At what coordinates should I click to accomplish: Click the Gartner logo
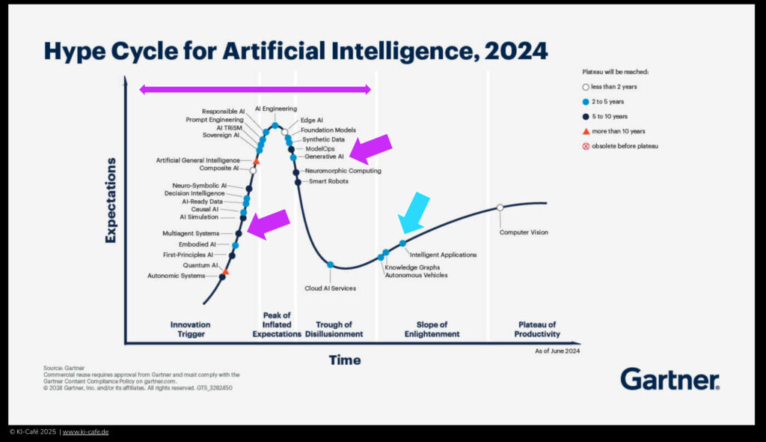(670, 379)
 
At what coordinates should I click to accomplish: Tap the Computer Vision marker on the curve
(500, 208)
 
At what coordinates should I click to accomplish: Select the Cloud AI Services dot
(330, 264)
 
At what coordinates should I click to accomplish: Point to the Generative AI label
(324, 157)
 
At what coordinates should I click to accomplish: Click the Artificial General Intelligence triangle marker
(256, 161)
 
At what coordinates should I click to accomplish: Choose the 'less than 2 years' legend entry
(610, 87)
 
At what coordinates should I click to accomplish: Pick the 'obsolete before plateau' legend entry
(620, 146)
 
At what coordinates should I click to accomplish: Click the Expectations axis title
(111, 200)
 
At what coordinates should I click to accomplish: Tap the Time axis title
(345, 360)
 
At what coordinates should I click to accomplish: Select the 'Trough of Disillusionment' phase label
(334, 330)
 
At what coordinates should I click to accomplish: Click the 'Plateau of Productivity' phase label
(537, 330)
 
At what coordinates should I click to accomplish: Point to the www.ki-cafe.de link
(85, 432)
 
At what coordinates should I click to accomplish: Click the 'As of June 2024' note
(557, 351)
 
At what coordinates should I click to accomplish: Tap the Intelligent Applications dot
(402, 243)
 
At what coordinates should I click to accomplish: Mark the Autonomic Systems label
(177, 276)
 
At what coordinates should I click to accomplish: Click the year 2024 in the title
(516, 52)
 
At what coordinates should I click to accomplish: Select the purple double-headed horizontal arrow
(255, 89)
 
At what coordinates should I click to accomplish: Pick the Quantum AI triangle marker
(225, 271)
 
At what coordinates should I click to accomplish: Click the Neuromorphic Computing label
(343, 171)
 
